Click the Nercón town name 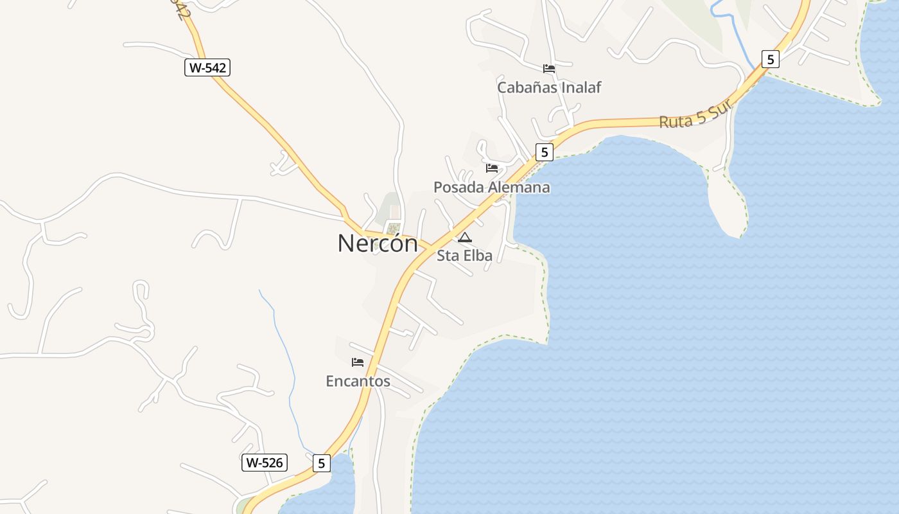click(x=378, y=244)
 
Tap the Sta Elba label click(x=464, y=256)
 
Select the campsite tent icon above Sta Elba click(x=464, y=238)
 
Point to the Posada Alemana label click(x=492, y=188)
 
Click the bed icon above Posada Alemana click(x=492, y=168)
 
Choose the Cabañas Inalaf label click(x=549, y=87)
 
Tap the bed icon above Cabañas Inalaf click(x=549, y=68)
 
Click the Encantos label click(x=358, y=381)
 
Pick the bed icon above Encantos click(x=358, y=362)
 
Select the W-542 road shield click(x=207, y=67)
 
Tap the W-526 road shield click(x=265, y=463)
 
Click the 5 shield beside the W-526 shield click(x=322, y=463)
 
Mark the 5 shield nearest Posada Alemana click(x=545, y=152)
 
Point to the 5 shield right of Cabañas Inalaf click(x=771, y=59)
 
